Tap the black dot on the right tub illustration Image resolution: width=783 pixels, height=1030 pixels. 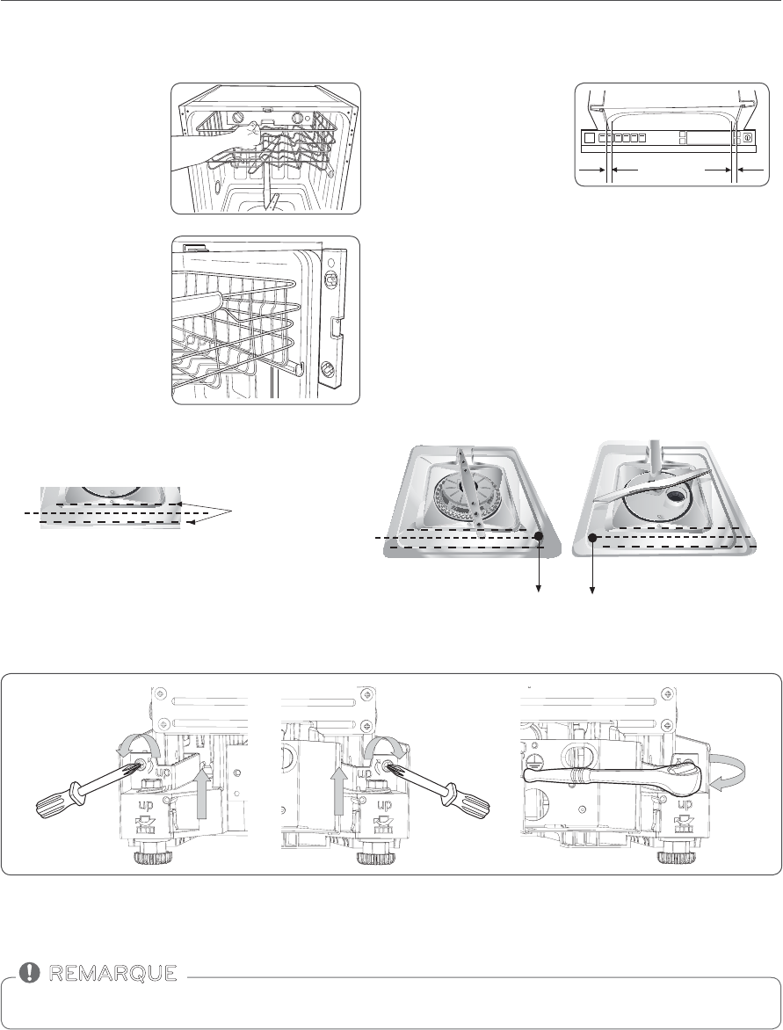point(593,537)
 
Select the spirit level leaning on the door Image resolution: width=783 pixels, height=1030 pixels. point(337,322)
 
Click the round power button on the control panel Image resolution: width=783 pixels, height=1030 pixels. point(747,138)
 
